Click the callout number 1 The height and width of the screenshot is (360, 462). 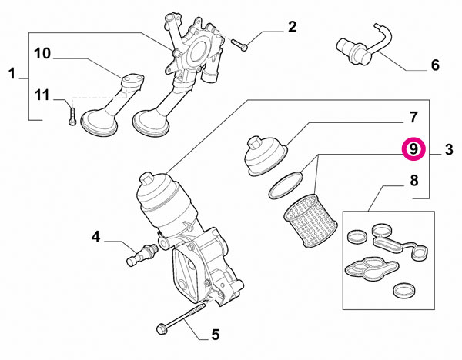[x=12, y=74]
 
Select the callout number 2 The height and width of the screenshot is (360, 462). [x=292, y=27]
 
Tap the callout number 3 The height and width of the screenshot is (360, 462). [x=448, y=149]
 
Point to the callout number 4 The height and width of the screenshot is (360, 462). [x=95, y=236]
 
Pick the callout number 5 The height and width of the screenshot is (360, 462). [x=216, y=335]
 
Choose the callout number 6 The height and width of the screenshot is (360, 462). [x=435, y=65]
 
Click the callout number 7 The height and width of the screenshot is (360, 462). [x=413, y=117]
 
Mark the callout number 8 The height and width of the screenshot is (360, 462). [x=414, y=180]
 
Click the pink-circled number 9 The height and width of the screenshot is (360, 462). [x=413, y=149]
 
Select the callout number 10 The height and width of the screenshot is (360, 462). [x=42, y=54]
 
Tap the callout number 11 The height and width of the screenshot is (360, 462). [x=42, y=95]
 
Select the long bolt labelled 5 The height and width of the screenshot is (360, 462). [x=181, y=319]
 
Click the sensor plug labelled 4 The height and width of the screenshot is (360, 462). [x=142, y=254]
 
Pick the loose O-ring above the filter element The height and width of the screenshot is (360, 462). [x=286, y=185]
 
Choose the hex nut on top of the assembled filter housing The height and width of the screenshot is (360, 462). [x=146, y=179]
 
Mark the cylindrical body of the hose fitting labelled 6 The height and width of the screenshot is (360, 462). [x=353, y=51]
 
